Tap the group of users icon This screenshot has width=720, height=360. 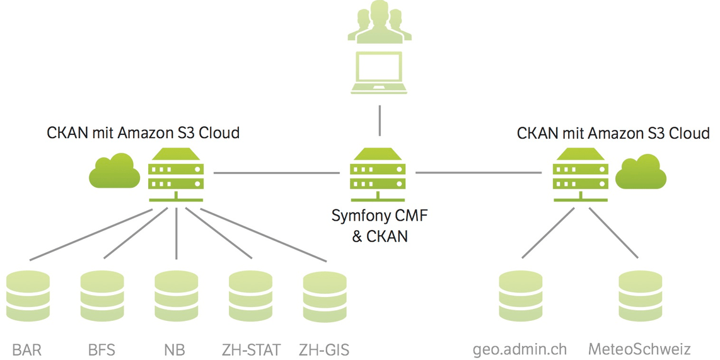[x=379, y=23]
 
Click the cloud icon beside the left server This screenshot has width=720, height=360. [x=114, y=171]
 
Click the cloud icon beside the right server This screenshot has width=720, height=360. [x=641, y=171]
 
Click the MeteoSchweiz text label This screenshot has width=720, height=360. [x=639, y=349]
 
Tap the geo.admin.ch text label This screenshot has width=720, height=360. [x=520, y=349]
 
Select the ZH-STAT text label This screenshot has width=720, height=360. [x=251, y=349]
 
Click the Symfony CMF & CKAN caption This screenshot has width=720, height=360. [x=379, y=226]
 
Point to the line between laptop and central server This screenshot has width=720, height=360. [x=379, y=120]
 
